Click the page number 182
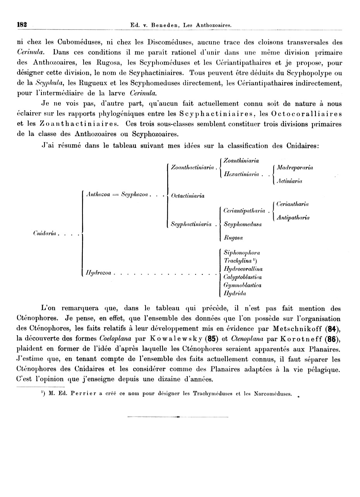(22, 25)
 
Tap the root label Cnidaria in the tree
(45, 233)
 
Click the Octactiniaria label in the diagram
(188, 196)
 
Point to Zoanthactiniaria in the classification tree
(192, 168)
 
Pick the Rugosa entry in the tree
(233, 238)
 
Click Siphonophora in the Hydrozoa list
(242, 252)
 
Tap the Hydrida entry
(235, 293)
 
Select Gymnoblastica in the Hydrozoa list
(242, 285)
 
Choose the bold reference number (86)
(334, 339)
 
